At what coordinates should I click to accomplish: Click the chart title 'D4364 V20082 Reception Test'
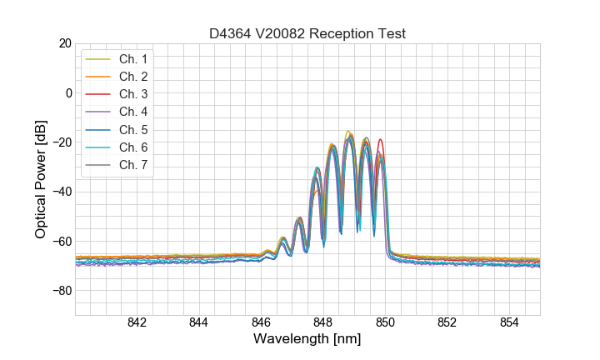pyautogui.click(x=307, y=34)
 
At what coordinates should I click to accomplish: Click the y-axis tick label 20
pyautogui.click(x=63, y=43)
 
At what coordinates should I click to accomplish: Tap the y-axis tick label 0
pyautogui.click(x=67, y=92)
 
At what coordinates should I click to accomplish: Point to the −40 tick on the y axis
pyautogui.click(x=60, y=192)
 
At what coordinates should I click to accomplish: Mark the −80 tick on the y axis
pyautogui.click(x=60, y=291)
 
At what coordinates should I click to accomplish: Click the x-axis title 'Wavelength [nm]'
pyautogui.click(x=307, y=340)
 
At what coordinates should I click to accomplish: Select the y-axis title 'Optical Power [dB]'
pyautogui.click(x=40, y=179)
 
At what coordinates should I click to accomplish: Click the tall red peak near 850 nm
pyautogui.click(x=381, y=140)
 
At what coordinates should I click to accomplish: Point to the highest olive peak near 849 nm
pyautogui.click(x=348, y=132)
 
